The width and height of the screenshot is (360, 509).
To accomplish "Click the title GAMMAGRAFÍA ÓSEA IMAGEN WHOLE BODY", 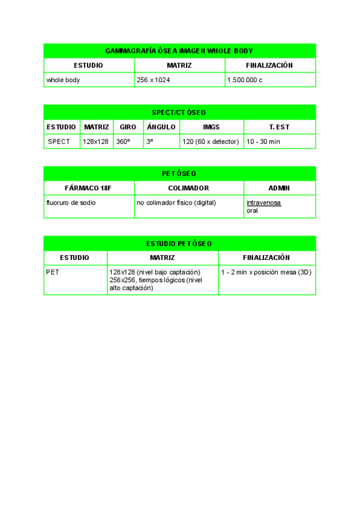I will tap(179, 50).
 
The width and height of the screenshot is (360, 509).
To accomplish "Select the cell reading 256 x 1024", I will tap(153, 80).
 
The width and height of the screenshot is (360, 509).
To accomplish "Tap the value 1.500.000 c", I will tap(245, 80).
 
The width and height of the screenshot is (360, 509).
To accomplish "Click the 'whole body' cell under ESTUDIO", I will tap(63, 80).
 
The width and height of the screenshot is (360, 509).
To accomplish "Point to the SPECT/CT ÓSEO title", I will tap(179, 112).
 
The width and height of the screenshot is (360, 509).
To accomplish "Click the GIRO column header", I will tap(128, 127).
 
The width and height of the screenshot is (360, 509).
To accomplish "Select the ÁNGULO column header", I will tap(161, 127).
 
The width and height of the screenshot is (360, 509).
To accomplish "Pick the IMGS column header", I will tap(211, 127).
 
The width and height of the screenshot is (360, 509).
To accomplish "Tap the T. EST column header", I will tap(279, 127).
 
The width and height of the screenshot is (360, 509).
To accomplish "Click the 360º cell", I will tap(123, 142).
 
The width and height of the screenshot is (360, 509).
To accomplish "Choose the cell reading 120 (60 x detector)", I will tap(211, 142).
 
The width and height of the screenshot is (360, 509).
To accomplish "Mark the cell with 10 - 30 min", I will tap(263, 142).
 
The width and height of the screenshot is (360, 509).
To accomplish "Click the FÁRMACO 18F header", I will tap(88, 188).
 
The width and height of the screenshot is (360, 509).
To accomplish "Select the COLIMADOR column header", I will tap(188, 188).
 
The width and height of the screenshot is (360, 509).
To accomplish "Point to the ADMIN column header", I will tap(279, 188).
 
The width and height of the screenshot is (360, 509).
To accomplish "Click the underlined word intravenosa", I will tap(263, 203).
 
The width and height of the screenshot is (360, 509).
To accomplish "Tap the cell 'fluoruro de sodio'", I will tap(71, 203).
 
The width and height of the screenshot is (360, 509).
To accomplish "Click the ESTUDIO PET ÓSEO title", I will tap(179, 244).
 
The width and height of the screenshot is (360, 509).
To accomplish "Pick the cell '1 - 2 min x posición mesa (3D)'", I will tap(266, 273).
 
